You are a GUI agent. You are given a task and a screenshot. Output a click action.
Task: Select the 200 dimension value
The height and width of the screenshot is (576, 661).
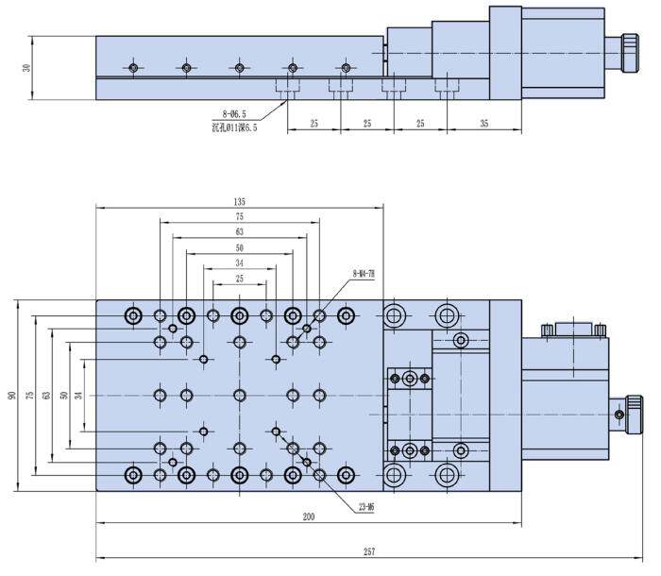coord(308,516)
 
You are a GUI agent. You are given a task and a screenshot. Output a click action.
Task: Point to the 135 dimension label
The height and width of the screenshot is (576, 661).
coord(239,201)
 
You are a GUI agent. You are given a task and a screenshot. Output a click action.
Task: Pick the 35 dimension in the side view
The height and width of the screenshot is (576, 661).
coord(484,124)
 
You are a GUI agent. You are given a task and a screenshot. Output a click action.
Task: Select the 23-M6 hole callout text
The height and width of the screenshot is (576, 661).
coord(367,507)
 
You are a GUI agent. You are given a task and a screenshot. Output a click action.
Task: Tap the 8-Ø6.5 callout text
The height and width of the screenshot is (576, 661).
coord(233,114)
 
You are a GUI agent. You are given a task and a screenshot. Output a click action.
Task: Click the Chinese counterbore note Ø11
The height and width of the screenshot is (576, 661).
coord(233,127)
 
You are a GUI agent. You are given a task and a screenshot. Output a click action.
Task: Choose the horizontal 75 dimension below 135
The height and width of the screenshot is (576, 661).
coord(239,216)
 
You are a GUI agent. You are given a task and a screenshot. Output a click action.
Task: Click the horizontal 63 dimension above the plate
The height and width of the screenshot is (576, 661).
coord(239,231)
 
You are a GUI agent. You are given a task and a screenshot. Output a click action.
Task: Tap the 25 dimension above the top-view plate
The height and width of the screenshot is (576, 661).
coord(239,278)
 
